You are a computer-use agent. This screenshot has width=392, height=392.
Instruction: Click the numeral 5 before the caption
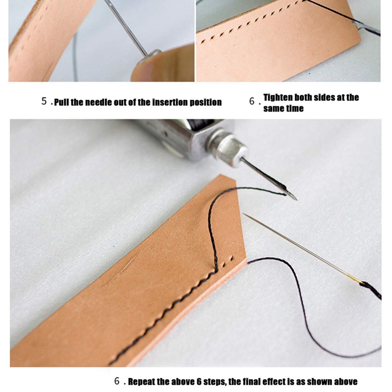point(44,102)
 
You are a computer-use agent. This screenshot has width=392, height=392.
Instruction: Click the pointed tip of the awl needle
point(295,199)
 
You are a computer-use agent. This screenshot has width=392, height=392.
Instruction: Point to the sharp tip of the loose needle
point(245,214)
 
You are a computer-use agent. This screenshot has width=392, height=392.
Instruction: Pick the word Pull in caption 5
point(61,102)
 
